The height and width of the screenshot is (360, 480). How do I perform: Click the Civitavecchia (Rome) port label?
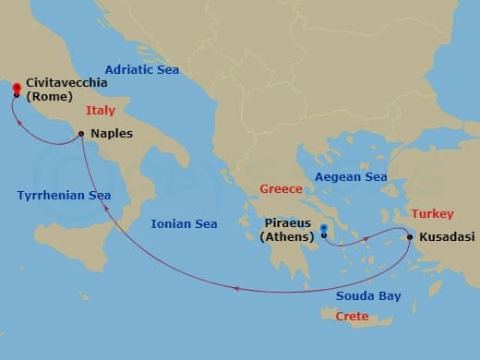pyautogui.click(x=66, y=89)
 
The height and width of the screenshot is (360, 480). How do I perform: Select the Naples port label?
pyautogui.click(x=112, y=133)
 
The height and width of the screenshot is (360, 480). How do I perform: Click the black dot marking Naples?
pyautogui.click(x=82, y=135)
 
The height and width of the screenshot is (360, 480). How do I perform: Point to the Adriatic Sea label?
pyautogui.click(x=141, y=69)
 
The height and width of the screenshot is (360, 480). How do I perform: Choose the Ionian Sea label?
pyautogui.click(x=185, y=223)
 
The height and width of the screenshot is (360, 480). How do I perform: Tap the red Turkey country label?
pyautogui.click(x=433, y=213)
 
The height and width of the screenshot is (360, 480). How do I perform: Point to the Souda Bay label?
pyautogui.click(x=368, y=295)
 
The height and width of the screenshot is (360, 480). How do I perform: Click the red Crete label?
pyautogui.click(x=352, y=317)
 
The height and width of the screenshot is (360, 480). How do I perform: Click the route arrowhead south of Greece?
pyautogui.click(x=236, y=290)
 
